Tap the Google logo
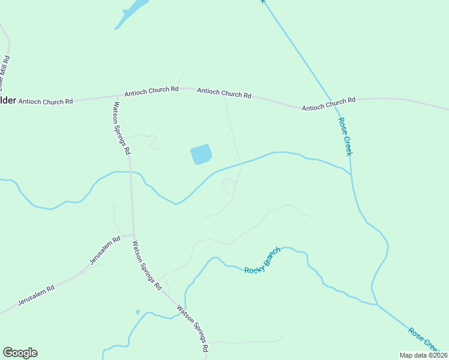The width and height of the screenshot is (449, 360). click(20, 353)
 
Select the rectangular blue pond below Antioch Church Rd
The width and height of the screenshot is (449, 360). click(201, 155)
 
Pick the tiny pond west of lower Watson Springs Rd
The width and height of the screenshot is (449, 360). click(137, 312)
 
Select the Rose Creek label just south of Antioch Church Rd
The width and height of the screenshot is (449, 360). click(345, 136)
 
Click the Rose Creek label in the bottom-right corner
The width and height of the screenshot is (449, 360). click(427, 340)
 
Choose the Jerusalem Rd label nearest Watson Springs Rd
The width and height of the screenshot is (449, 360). click(105, 250)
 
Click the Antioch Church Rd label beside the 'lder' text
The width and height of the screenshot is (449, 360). click(46, 101)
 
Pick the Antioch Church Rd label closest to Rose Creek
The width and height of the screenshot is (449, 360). click(328, 104)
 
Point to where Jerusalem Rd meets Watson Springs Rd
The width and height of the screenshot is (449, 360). click(133, 235)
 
